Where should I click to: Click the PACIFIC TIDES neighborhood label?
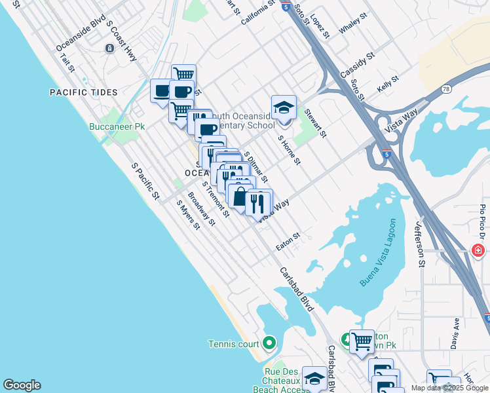tap(83, 92)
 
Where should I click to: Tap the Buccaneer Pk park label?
tap(117, 126)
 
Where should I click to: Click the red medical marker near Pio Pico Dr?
tap(478, 250)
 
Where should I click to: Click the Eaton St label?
tap(288, 236)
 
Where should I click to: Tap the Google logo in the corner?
tap(22, 385)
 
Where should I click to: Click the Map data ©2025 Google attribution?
tap(449, 388)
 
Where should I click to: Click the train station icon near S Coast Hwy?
tap(109, 48)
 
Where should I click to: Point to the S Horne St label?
tap(289, 150)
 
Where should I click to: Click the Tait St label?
tap(67, 63)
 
